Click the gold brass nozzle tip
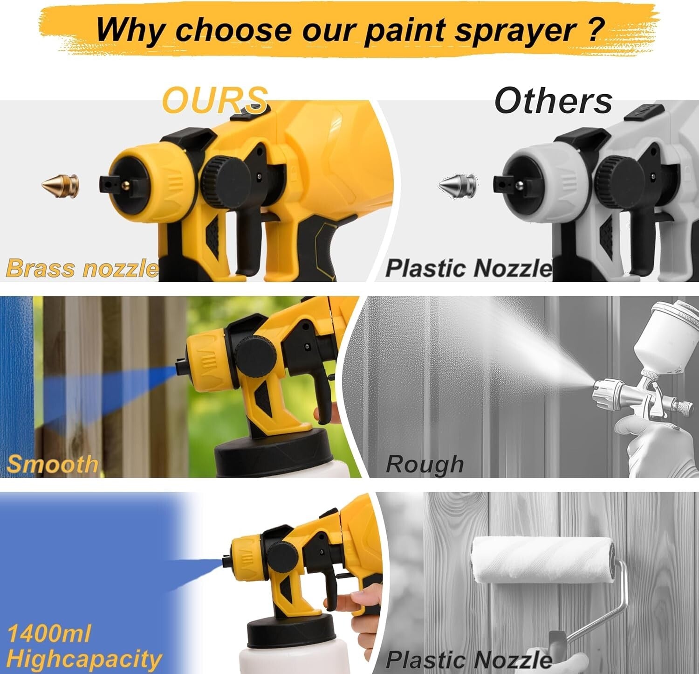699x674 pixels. coord(60,185)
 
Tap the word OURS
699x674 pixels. coord(215,100)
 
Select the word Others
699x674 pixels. coord(553,100)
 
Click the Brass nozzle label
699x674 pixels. coord(82,269)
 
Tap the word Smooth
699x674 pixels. coord(53,464)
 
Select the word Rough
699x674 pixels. coord(425,465)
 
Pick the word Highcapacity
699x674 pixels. coord(84,659)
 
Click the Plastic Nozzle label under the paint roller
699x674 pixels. coord(469,660)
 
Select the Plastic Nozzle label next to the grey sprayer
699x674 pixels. coord(469,269)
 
